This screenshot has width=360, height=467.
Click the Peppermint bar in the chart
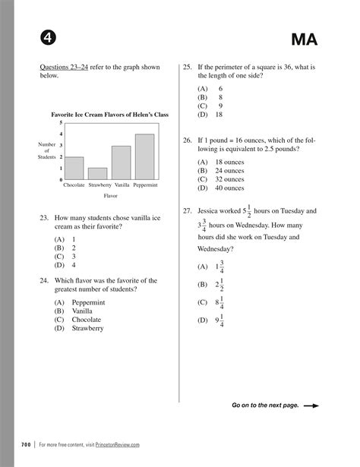click(144, 157)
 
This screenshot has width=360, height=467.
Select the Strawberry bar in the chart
click(98, 174)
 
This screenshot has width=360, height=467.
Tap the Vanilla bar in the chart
click(121, 163)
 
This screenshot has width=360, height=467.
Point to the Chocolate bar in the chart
click(74, 168)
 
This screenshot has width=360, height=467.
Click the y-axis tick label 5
click(61, 122)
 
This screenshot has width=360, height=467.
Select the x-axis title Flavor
click(111, 195)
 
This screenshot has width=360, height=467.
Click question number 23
click(45, 219)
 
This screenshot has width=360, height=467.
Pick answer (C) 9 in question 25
click(210, 106)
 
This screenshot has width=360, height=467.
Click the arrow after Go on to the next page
click(310, 405)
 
